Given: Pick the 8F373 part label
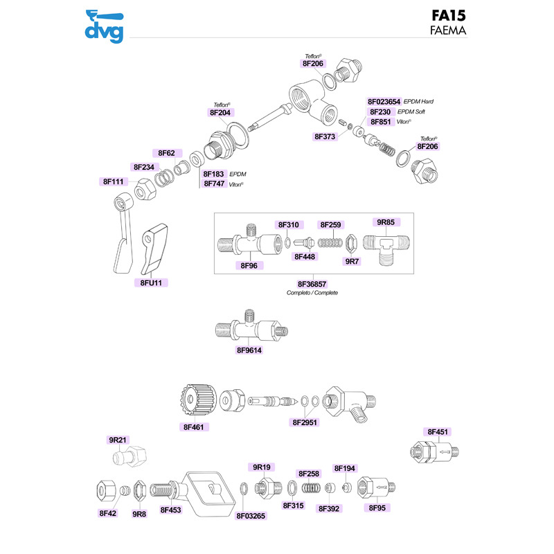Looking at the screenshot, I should tap(324, 137).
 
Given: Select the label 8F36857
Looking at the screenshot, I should tap(312, 284).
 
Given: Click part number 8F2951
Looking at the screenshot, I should tap(305, 422).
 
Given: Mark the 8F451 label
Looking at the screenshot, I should tap(438, 432).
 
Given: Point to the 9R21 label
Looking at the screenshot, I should tap(118, 440).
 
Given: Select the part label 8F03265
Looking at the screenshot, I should tap(251, 515).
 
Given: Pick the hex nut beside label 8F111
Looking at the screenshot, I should tap(143, 187).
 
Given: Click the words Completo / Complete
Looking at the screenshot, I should tap(312, 293).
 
